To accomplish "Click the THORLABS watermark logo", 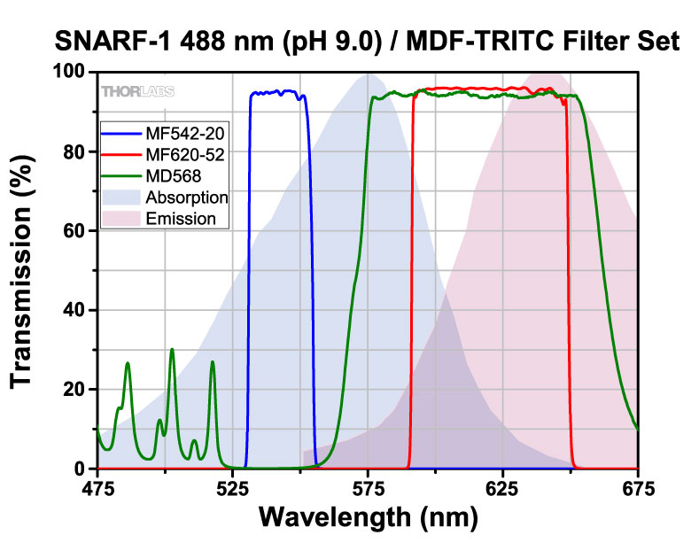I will pyautogui.click(x=137, y=91).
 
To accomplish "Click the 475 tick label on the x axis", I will pyautogui.click(x=97, y=488).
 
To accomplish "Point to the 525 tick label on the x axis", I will pyautogui.click(x=232, y=488).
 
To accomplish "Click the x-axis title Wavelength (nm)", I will pyautogui.click(x=367, y=517).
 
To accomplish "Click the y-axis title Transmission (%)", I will pyautogui.click(x=25, y=270).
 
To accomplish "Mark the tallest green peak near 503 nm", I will pyautogui.click(x=172, y=350).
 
